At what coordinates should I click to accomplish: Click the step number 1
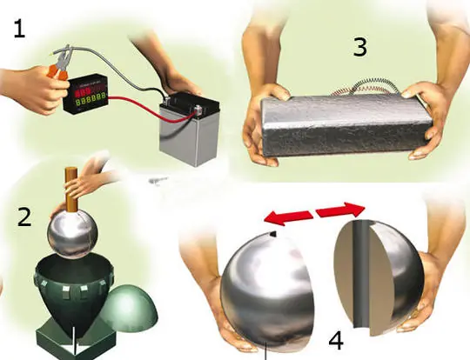point(19,29)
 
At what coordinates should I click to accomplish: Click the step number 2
point(24,217)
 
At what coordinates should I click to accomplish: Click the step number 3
point(360,47)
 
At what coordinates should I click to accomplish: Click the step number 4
point(336,341)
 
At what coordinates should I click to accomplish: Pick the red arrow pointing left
point(288,217)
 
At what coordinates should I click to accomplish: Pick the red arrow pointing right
point(341,210)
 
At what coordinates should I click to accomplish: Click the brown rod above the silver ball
point(72,190)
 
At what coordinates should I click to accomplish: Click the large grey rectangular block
point(346,125)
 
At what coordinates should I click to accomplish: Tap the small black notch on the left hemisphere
point(272,235)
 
